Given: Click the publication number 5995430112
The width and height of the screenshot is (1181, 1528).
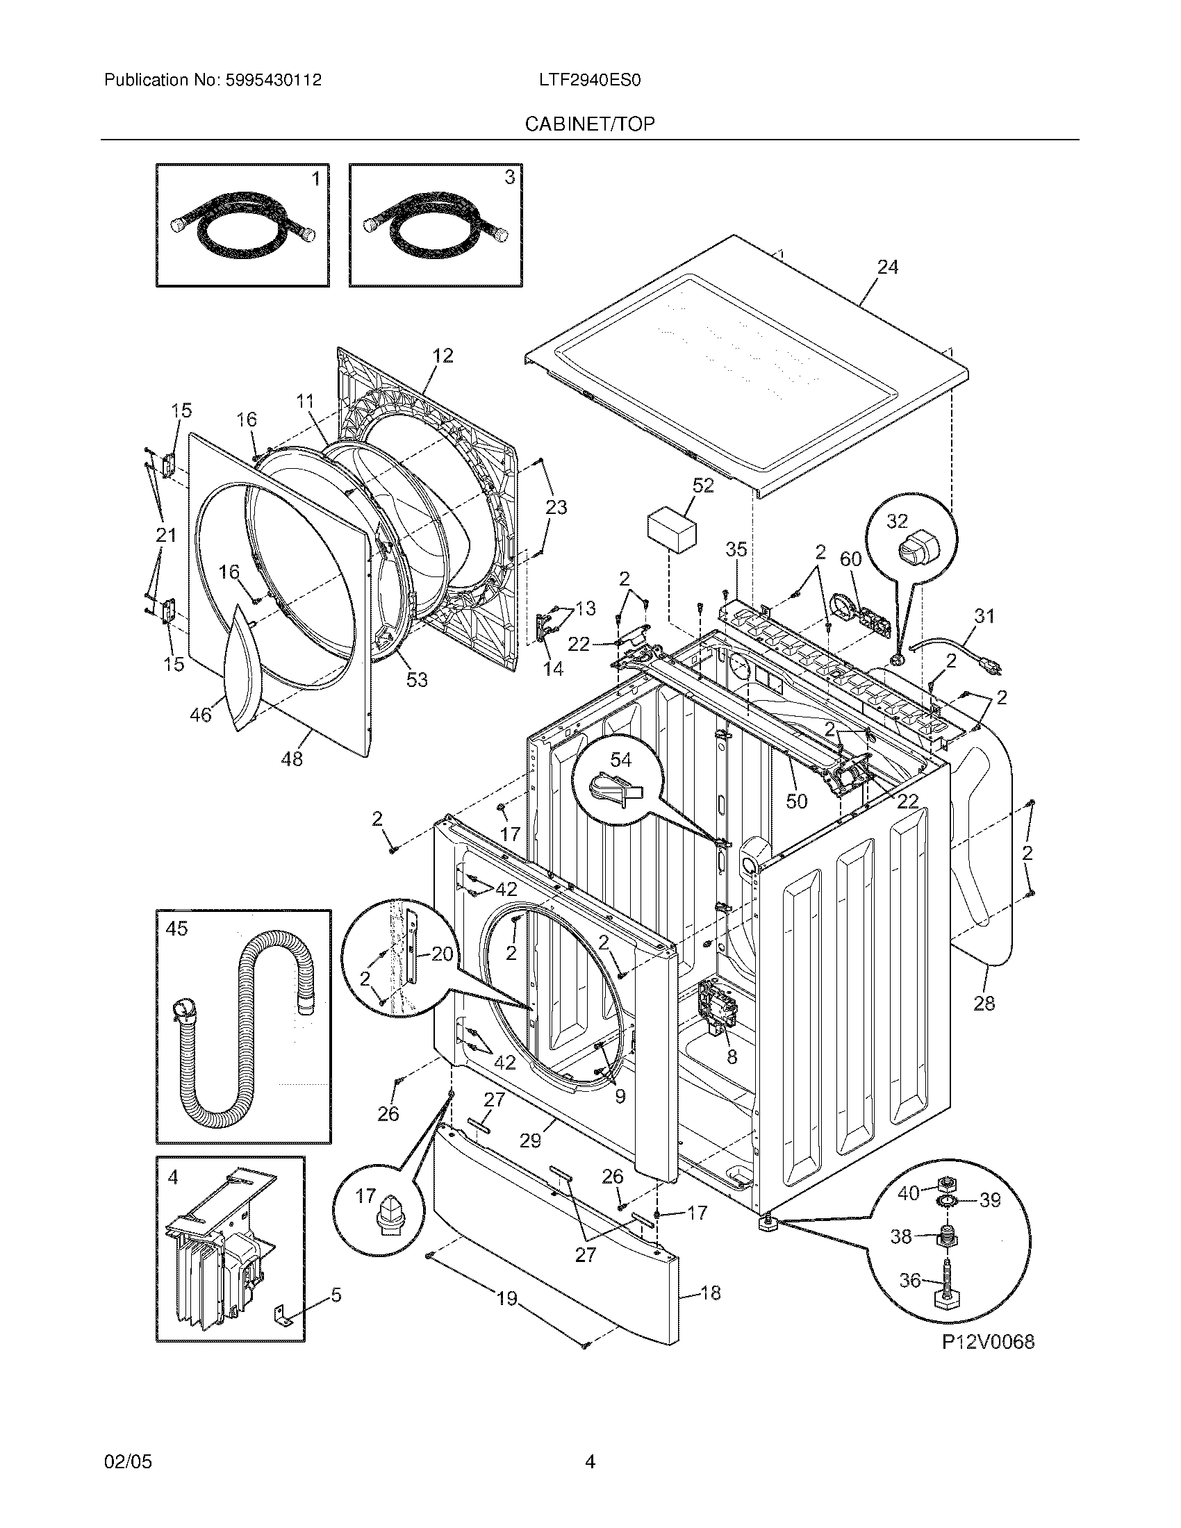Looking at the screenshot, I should point(273,81).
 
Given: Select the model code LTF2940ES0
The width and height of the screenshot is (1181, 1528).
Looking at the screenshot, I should point(590,81).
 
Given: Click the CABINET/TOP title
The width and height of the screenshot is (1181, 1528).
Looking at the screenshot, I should point(590,124).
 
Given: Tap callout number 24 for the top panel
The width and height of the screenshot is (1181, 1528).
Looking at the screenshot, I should point(887,267).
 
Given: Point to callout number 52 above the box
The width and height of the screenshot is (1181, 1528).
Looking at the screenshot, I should point(703,485).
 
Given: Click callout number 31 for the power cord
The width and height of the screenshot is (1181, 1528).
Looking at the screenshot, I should point(984,615).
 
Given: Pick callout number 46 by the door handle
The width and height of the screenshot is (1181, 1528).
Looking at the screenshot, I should point(201,715).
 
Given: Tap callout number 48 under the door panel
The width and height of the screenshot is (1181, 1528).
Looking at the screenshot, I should point(292,758).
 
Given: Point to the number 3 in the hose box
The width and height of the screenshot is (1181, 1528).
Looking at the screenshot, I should point(509,178).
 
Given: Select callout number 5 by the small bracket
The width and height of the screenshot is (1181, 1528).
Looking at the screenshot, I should point(336,1296).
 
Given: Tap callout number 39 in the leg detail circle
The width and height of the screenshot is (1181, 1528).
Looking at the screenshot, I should point(989,1200).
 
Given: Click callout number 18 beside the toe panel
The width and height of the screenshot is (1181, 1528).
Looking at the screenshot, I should point(710,1293).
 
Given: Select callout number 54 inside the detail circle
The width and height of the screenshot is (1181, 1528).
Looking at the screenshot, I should point(620,760).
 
